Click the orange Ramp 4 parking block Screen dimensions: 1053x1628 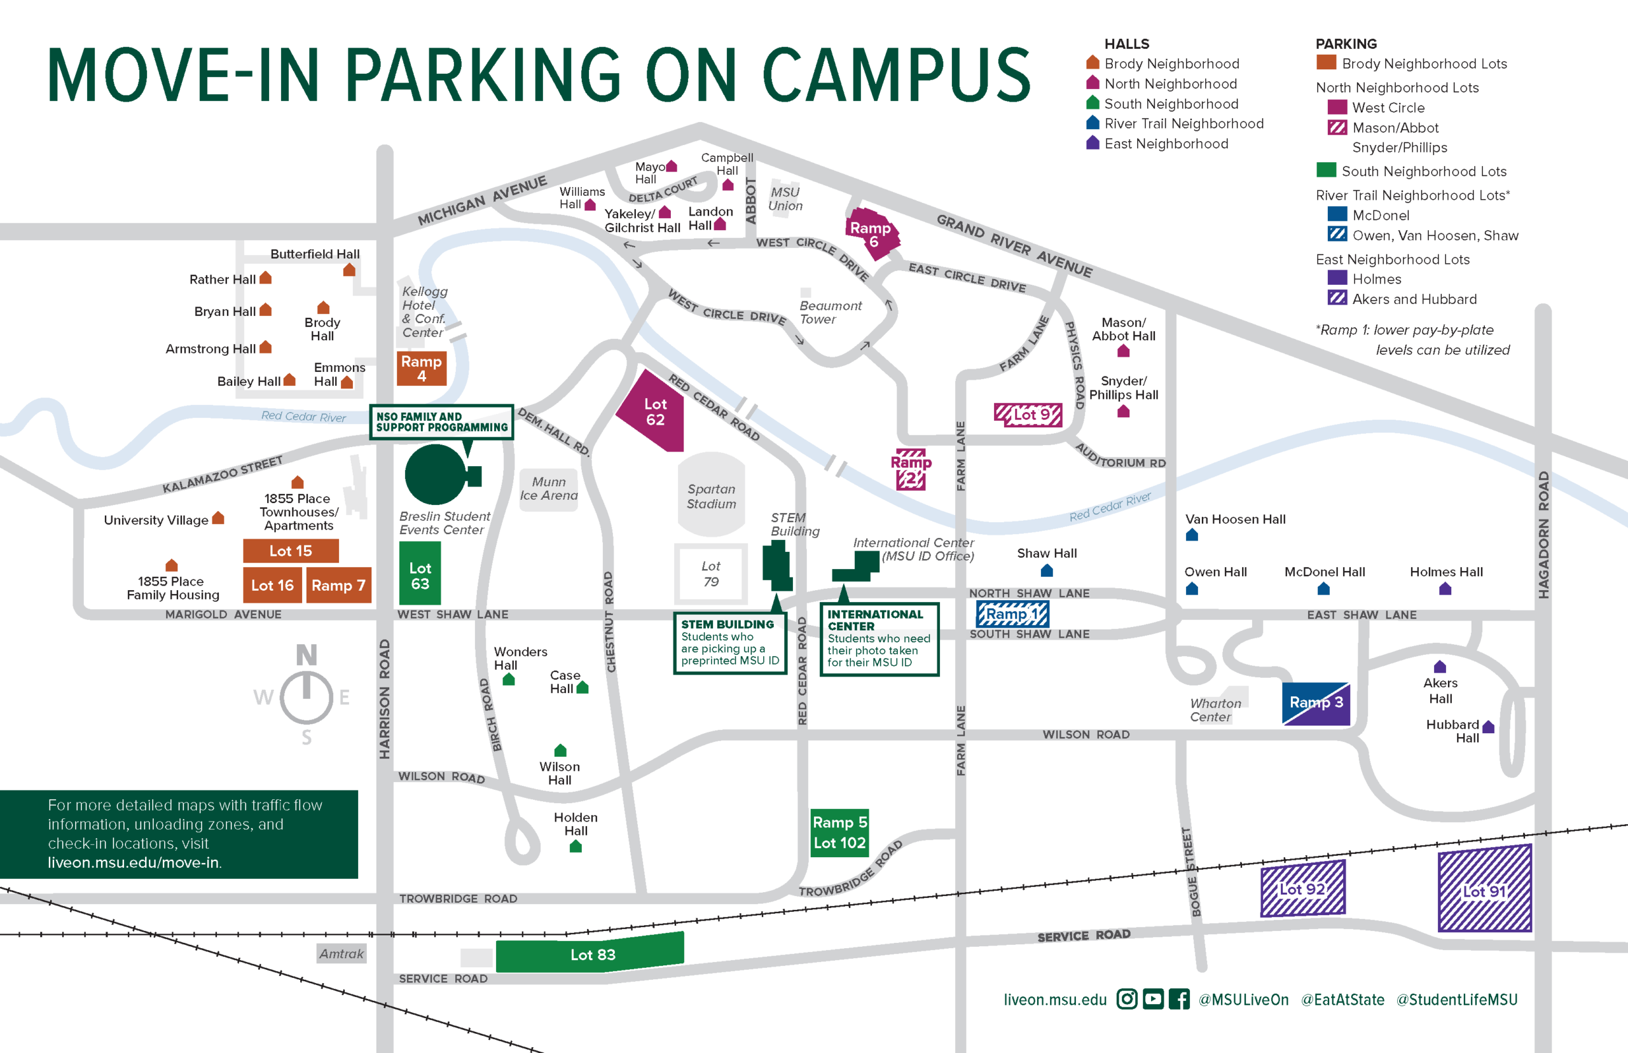click(421, 368)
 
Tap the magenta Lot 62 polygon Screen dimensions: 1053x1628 click(654, 412)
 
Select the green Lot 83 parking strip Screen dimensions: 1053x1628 click(591, 954)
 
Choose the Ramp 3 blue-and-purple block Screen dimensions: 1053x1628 click(1316, 703)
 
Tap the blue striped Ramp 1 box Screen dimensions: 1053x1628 click(1012, 614)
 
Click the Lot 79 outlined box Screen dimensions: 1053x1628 click(710, 574)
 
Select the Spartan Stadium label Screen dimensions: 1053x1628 click(711, 497)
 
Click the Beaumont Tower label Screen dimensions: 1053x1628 click(830, 312)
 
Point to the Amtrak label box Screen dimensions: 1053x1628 click(341, 953)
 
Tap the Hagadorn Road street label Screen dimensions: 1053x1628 click(1543, 535)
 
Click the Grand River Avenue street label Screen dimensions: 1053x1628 click(1013, 245)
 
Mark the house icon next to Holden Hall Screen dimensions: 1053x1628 click(576, 846)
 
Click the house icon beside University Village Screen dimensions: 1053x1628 click(218, 518)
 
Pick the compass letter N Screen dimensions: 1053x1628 click(307, 655)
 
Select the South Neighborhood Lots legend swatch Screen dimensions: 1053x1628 click(1327, 170)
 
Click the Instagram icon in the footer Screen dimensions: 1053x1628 click(1127, 999)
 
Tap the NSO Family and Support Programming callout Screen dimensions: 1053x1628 click(442, 422)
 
